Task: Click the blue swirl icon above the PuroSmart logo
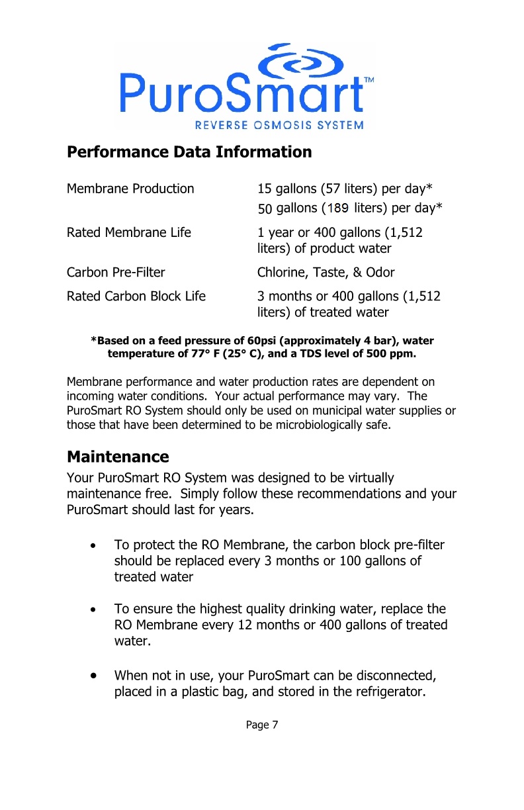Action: point(300,64)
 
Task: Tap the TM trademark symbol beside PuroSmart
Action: point(369,79)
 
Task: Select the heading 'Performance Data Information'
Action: point(189,152)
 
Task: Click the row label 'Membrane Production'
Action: point(130,189)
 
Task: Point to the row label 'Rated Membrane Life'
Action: point(129,233)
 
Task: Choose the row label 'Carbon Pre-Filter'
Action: point(116,273)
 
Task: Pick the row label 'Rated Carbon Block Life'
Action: point(136,296)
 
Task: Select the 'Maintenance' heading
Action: point(118,457)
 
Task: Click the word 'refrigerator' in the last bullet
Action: point(387,692)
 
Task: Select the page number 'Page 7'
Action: point(262,725)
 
